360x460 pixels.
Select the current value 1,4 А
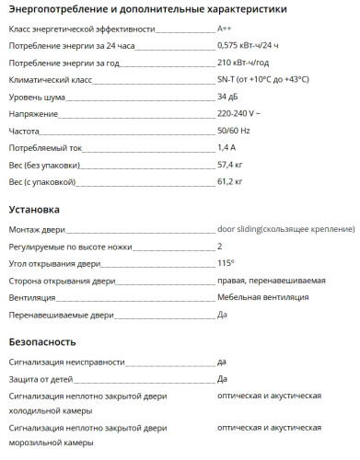[x=226, y=148]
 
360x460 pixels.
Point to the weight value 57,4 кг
[x=230, y=166]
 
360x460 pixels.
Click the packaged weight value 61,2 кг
[x=230, y=182]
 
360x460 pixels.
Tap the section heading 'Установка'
[x=33, y=210]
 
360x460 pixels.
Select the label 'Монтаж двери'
[x=35, y=229]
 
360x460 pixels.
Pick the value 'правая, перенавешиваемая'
[x=271, y=281]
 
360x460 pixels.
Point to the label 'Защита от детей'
[x=42, y=378]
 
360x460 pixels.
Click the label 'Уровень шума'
[x=32, y=97]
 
